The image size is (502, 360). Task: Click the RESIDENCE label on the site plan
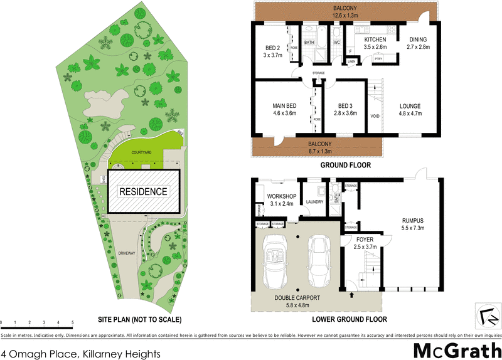(x=143, y=192)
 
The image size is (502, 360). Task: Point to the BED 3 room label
(x=346, y=106)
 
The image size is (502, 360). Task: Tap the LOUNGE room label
(x=410, y=106)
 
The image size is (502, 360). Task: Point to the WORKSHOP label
(x=280, y=196)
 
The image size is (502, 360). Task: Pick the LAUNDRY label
(x=314, y=201)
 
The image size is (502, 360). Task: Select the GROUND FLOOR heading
(x=345, y=166)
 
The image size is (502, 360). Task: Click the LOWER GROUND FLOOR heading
(x=350, y=319)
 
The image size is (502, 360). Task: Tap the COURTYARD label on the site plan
(x=141, y=152)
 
